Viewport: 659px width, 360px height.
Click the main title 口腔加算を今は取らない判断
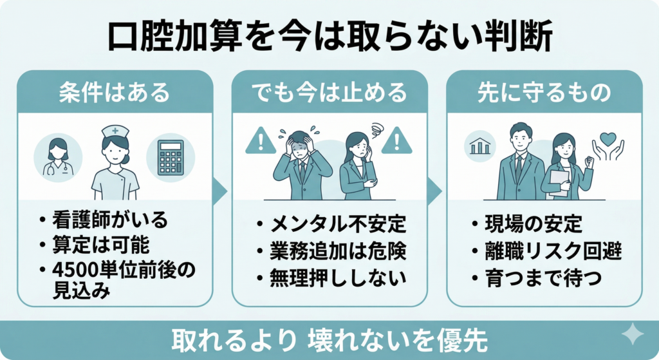[329, 37]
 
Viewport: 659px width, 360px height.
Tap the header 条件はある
[114, 93]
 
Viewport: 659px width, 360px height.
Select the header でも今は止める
[329, 93]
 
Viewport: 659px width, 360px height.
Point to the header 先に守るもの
[544, 93]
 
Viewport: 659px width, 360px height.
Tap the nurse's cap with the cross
[114, 131]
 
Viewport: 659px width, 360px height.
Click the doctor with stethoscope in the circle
[58, 157]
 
